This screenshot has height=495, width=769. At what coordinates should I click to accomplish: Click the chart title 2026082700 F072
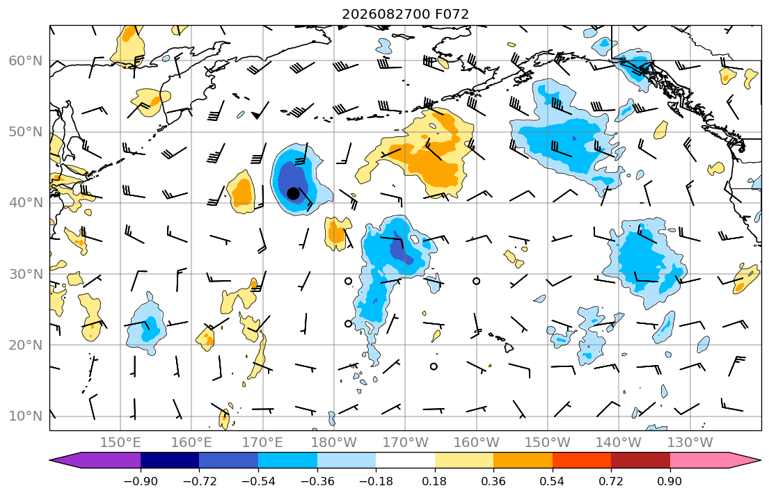405,14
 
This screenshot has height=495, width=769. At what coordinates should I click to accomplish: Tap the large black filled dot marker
293,193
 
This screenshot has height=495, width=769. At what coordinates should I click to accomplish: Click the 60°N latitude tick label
26,61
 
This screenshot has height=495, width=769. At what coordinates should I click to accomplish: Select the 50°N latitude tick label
26,132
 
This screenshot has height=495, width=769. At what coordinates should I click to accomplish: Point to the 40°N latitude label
26,203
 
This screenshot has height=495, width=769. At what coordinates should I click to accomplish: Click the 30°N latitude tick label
26,274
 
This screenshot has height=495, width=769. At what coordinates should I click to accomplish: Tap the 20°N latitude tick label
26,345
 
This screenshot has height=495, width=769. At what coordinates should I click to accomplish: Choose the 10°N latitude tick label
26,416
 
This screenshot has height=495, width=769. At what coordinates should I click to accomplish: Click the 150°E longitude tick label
120,443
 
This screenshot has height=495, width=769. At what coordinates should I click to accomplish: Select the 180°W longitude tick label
334,443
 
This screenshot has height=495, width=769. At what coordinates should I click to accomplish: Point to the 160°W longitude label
476,443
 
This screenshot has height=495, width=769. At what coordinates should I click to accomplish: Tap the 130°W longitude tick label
690,443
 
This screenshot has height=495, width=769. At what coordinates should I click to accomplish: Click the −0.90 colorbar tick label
141,481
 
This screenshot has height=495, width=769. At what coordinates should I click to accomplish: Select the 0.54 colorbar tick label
553,481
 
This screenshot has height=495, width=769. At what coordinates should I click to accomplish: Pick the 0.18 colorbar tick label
434,481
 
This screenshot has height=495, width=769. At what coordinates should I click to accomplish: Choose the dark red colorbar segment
640,460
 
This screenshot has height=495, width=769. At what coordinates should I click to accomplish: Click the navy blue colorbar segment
170,460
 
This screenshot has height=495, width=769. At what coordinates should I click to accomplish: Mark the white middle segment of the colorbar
405,460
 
